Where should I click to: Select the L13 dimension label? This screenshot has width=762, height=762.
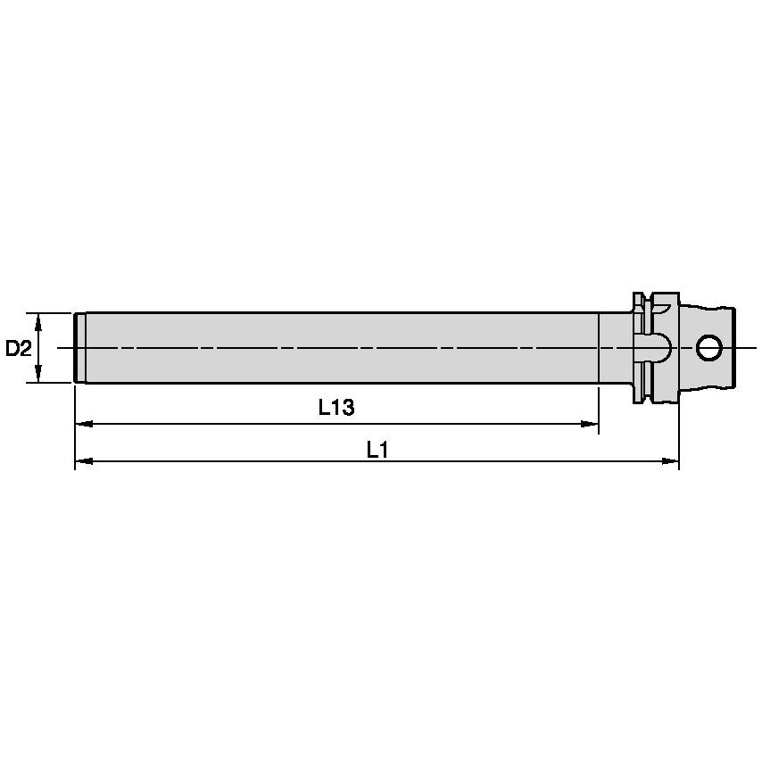click(336, 408)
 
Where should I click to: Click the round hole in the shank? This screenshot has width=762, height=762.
click(710, 347)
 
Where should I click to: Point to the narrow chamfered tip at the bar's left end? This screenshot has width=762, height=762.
click(79, 347)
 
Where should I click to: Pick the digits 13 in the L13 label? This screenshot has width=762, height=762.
click(344, 408)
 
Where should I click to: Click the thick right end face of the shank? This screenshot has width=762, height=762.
click(734, 347)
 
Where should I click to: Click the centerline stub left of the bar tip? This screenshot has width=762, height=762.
click(62, 347)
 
